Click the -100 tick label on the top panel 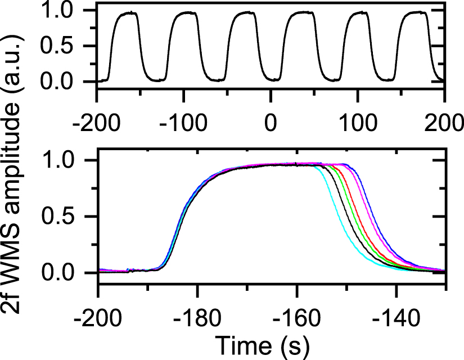point(184,122)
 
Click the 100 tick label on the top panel point(358,122)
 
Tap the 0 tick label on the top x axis point(271,122)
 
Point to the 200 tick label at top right point(445,122)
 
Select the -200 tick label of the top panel point(97,122)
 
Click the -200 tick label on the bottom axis point(98,313)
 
